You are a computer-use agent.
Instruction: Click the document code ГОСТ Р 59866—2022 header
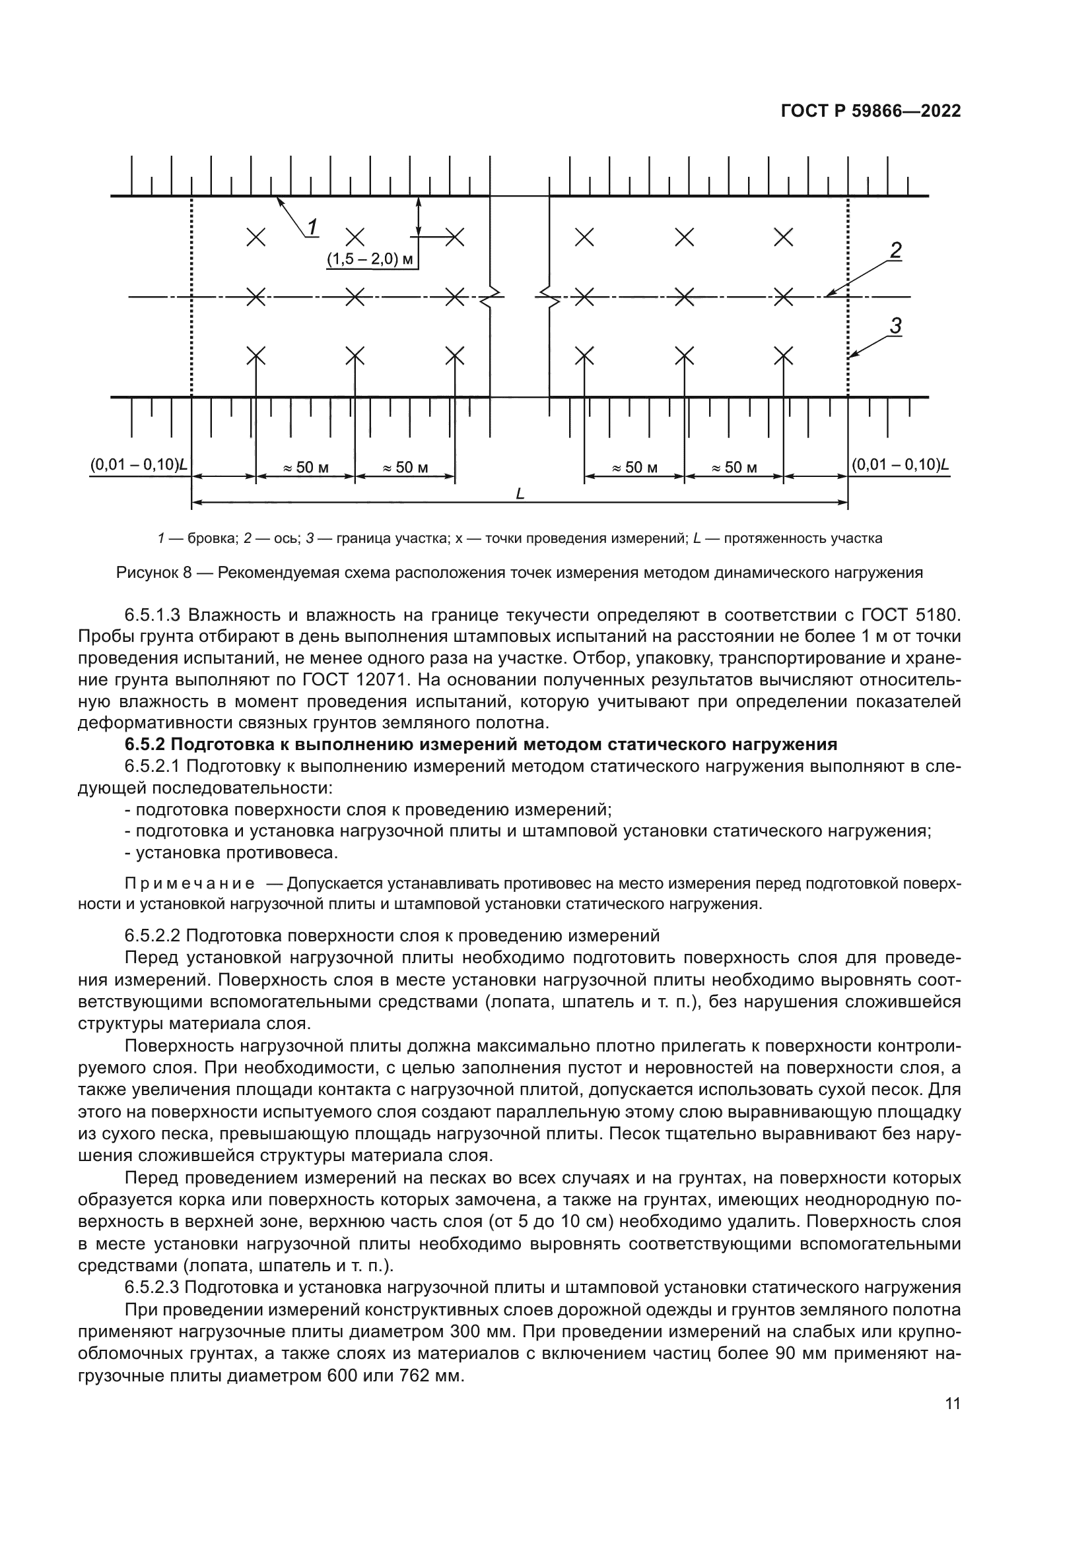pyautogui.click(x=871, y=111)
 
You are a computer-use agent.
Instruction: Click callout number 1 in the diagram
pyautogui.click(x=314, y=227)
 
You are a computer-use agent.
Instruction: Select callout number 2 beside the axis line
pyautogui.click(x=896, y=251)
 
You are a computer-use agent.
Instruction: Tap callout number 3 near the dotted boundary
pyautogui.click(x=896, y=326)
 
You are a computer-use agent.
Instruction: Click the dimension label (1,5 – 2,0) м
pyautogui.click(x=370, y=259)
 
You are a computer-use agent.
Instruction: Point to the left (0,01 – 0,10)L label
pyautogui.click(x=139, y=466)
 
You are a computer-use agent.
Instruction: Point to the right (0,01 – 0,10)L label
pyautogui.click(x=901, y=465)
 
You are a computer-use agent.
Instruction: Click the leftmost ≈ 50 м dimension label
pyautogui.click(x=305, y=468)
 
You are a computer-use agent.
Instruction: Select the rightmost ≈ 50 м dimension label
pyautogui.click(x=734, y=468)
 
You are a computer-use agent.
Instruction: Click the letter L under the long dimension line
pyautogui.click(x=520, y=495)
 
